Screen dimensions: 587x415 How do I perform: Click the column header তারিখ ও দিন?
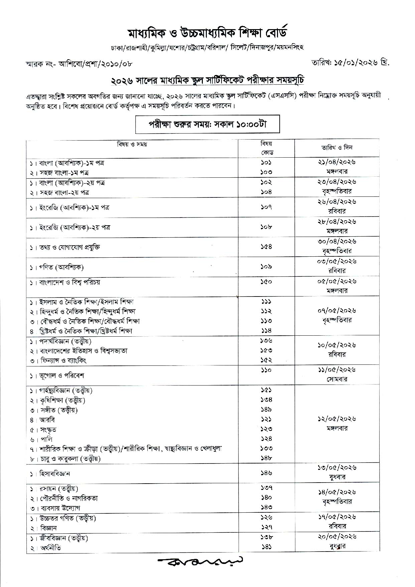pos(337,148)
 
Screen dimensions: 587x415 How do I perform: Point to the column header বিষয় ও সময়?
pos(132,144)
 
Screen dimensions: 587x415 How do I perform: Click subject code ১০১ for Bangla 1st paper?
pos(266,163)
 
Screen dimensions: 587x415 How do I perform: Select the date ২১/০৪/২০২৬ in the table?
pos(337,162)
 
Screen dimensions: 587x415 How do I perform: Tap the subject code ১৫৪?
pos(266,247)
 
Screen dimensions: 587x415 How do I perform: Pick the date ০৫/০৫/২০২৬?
pos(337,281)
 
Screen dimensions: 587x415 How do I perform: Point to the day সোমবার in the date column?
pos(337,380)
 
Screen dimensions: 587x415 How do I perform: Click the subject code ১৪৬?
pos(266,473)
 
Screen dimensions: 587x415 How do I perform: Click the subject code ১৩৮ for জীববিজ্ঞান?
pos(266,537)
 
